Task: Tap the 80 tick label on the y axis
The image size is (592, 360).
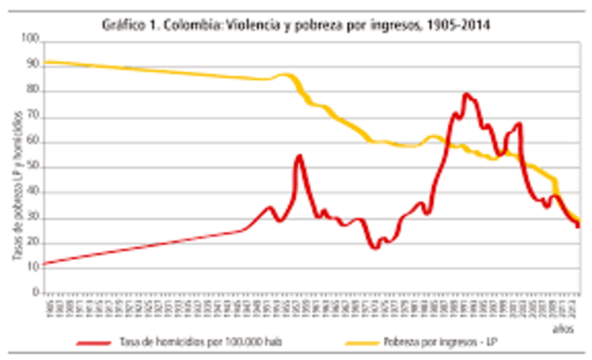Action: [35, 90]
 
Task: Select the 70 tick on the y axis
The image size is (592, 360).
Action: [35, 116]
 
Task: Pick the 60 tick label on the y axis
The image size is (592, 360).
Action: [35, 141]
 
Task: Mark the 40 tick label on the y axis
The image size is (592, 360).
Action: [35, 192]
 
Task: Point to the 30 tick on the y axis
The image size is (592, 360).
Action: [35, 217]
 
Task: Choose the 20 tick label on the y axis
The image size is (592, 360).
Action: [35, 242]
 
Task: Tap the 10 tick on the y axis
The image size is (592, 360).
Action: [35, 267]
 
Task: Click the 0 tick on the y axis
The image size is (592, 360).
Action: [38, 292]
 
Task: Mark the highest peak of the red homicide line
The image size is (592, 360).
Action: [466, 93]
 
